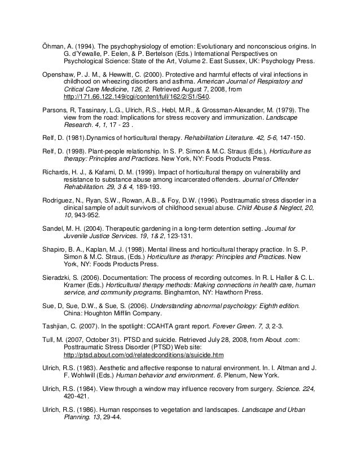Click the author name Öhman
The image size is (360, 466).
click(x=55, y=45)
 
